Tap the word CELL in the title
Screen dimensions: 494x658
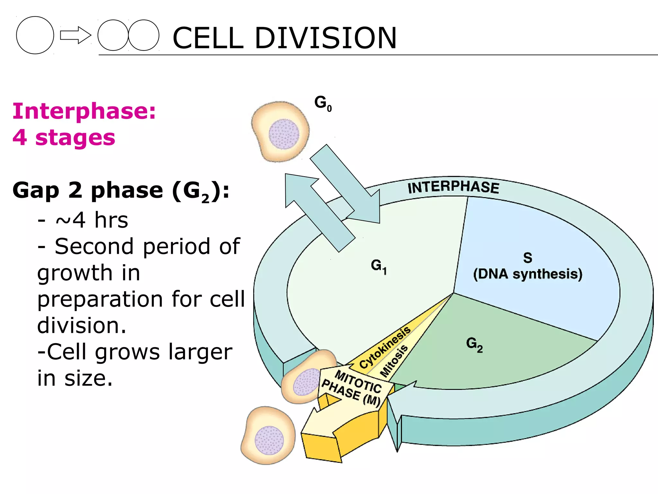click(208, 38)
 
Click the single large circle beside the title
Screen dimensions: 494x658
click(35, 35)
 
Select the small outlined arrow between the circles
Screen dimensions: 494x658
click(76, 35)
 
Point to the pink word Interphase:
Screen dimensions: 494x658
click(84, 111)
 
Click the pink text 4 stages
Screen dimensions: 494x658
click(64, 138)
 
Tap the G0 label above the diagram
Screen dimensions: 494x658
click(323, 103)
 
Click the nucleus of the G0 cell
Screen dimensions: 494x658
click(284, 134)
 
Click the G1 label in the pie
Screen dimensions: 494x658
click(378, 266)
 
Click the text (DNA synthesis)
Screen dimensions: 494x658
click(528, 274)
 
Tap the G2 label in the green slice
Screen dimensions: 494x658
click(474, 344)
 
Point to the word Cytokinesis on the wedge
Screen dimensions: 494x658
click(385, 347)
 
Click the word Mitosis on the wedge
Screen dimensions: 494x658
click(394, 361)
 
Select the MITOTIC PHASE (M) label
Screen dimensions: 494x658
click(353, 388)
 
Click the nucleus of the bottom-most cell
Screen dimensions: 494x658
click(269, 440)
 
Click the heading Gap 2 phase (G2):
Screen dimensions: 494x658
click(120, 190)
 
